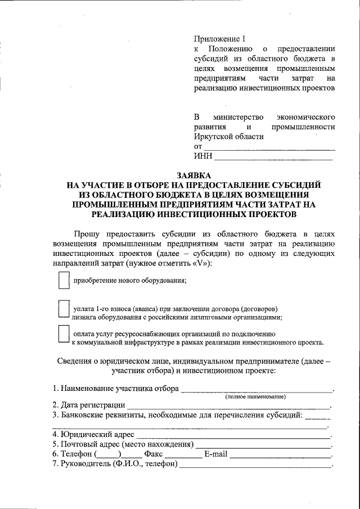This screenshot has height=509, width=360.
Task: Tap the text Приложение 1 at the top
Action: pos(220,39)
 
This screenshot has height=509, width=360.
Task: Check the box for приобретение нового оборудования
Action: pos(64,280)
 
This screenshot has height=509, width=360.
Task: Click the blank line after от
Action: pos(268,148)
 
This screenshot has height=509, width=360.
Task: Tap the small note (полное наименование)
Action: pos(256,397)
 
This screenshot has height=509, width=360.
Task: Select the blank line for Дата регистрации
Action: pos(228,406)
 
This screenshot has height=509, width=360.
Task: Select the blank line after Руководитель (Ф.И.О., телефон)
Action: pos(255,465)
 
